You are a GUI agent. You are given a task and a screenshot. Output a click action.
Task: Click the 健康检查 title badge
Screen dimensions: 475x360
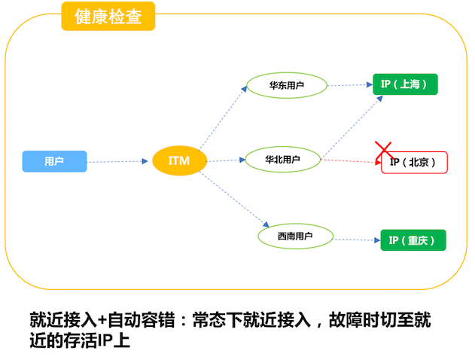(108, 16)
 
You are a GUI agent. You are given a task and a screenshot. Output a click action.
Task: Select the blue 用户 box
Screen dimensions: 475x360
(54, 161)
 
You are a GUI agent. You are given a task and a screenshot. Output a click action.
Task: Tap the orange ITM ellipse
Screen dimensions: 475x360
(180, 160)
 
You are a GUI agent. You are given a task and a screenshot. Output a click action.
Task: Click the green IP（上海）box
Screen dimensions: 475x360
(405, 84)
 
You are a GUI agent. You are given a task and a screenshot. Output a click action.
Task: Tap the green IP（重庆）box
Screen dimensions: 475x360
(413, 240)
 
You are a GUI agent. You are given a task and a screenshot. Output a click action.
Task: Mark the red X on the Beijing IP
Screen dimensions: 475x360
(384, 151)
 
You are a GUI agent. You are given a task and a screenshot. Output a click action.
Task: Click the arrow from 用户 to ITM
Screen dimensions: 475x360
(117, 161)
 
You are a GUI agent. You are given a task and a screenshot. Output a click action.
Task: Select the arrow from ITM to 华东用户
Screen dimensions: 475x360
(223, 118)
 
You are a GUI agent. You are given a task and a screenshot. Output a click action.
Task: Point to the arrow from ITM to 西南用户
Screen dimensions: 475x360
(234, 199)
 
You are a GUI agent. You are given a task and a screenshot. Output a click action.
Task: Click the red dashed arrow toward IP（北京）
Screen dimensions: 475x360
(351, 161)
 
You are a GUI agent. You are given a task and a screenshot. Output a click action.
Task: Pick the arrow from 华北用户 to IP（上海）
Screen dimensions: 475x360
(352, 127)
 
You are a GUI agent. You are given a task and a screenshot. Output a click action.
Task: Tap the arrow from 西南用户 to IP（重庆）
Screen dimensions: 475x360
(357, 240)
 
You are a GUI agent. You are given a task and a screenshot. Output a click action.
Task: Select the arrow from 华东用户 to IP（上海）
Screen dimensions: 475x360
(350, 85)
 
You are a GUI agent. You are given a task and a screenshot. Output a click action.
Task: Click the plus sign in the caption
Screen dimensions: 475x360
(102, 320)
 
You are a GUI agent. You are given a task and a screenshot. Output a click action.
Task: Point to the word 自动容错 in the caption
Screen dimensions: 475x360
(142, 320)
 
